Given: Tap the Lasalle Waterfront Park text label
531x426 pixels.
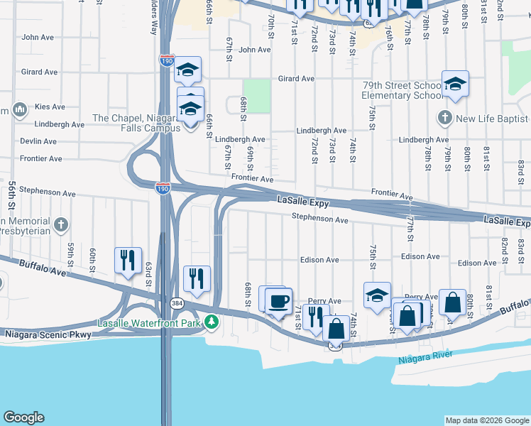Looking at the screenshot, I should (150, 323).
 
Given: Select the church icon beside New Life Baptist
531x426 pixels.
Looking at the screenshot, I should (445, 117).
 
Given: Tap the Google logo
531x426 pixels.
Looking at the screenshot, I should (23, 417).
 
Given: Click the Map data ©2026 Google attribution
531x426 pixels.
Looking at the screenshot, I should (486, 420).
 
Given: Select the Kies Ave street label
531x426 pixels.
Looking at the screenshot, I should (50, 107).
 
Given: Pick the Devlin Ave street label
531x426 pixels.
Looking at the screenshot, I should (38, 141).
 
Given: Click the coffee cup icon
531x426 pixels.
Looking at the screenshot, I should (278, 300).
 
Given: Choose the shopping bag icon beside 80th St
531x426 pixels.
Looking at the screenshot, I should (452, 302).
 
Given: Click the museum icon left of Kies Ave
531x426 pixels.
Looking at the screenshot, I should (19, 110).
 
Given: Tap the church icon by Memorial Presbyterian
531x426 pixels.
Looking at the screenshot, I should (62, 225).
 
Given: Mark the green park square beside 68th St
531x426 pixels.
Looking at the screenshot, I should (256, 96).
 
